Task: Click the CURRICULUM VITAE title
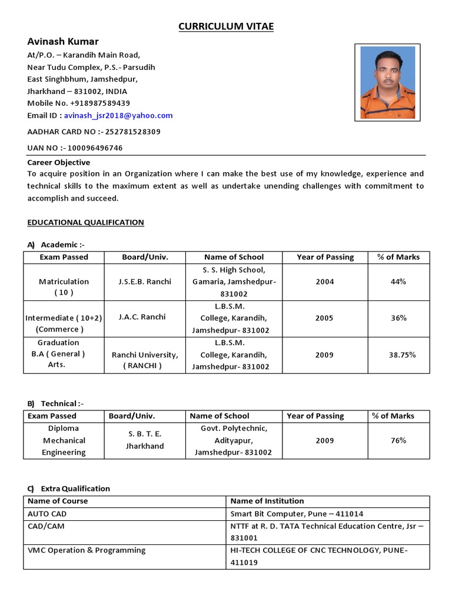227,26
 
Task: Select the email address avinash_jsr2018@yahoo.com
118,116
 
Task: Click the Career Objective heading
59,162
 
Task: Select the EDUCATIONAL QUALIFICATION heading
85,222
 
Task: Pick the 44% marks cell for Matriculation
398,282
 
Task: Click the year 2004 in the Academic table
324,282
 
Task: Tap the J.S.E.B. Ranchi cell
145,282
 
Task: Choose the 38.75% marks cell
402,354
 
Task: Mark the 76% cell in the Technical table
398,440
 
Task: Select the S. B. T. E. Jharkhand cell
145,440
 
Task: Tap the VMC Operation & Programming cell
87,550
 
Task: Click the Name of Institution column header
267,501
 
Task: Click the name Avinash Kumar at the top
63,42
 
